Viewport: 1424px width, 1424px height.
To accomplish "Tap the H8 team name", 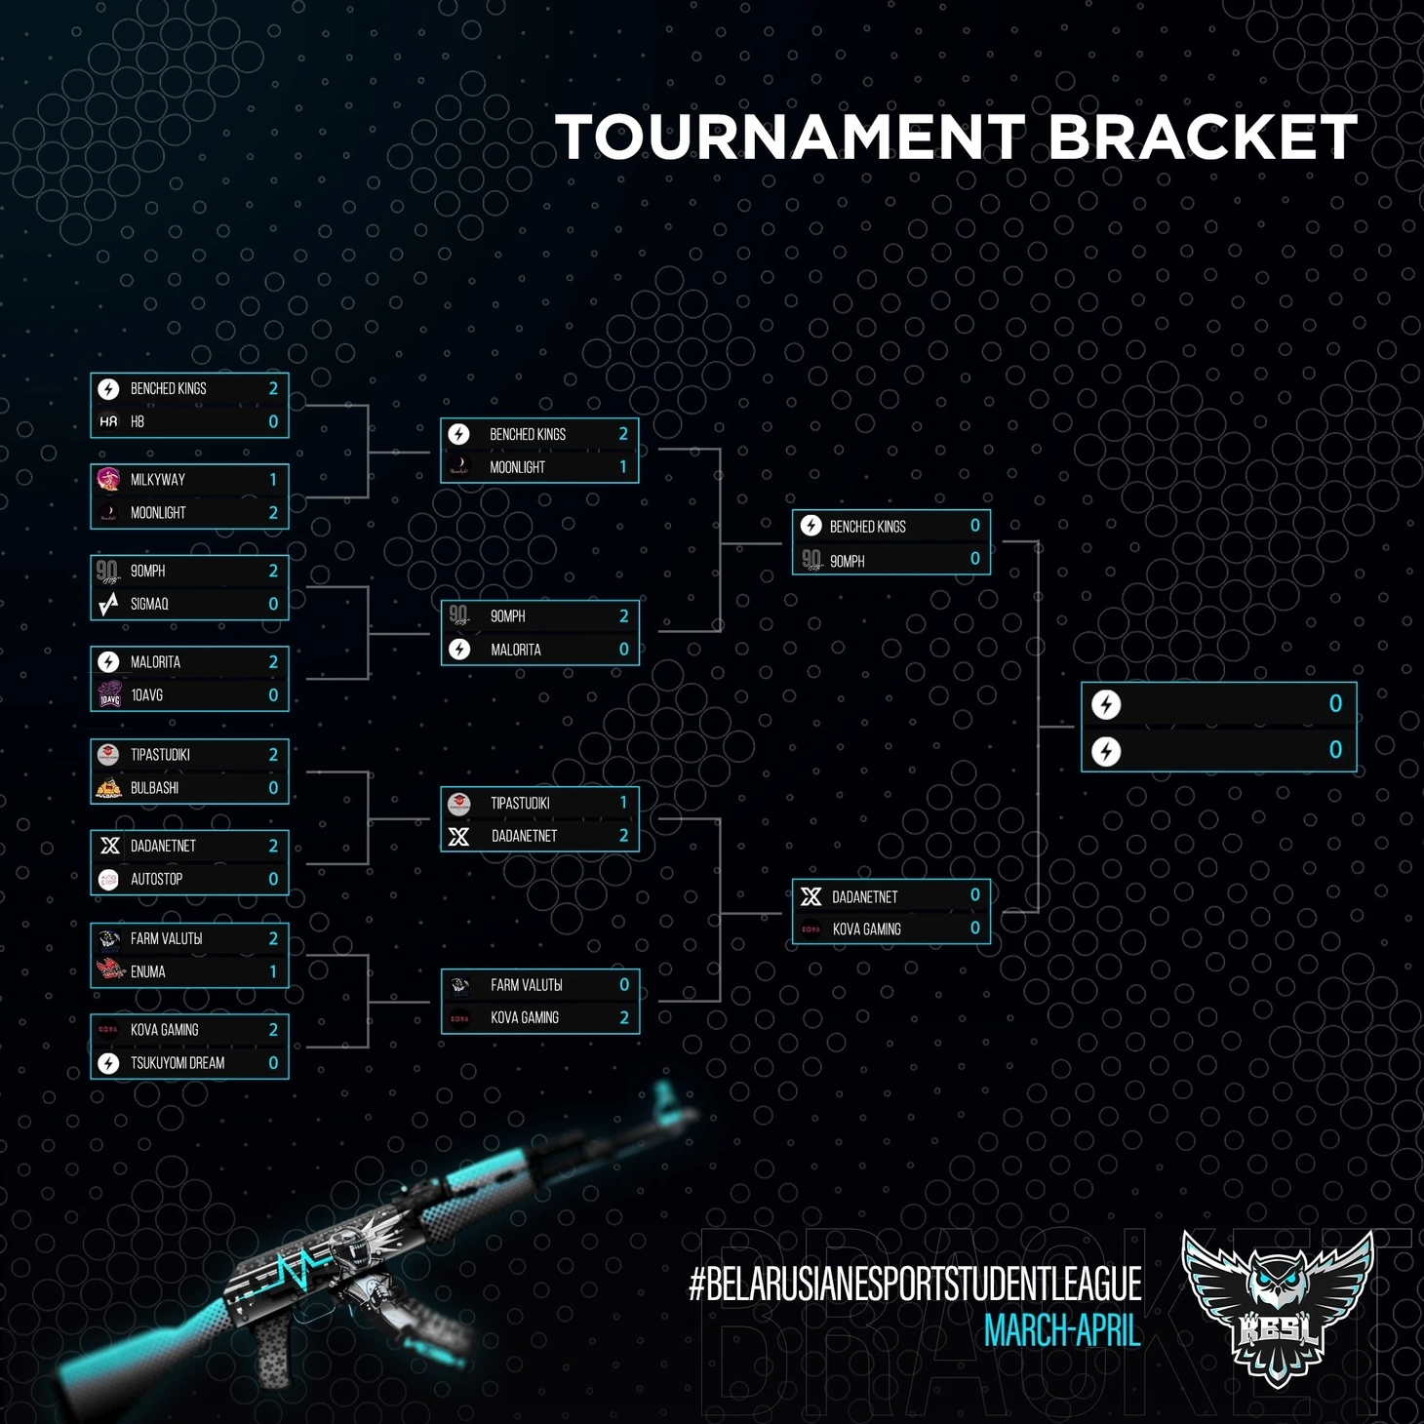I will (x=138, y=422).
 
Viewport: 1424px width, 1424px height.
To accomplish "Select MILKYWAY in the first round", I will (x=158, y=480).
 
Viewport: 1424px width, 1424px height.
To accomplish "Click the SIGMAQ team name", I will (x=149, y=605).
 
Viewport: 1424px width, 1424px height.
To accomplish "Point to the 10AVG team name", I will (x=147, y=695).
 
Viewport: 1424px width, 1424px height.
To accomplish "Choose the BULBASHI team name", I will (x=154, y=788).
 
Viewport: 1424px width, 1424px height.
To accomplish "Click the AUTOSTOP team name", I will (x=156, y=880).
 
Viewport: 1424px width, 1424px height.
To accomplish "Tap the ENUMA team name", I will (x=148, y=972).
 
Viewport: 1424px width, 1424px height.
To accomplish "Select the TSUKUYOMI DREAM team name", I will (x=178, y=1063).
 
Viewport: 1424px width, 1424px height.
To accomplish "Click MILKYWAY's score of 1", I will (x=273, y=480).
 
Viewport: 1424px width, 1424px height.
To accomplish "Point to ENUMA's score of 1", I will (x=273, y=972).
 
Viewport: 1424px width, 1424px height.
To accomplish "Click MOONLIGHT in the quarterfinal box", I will (x=517, y=468).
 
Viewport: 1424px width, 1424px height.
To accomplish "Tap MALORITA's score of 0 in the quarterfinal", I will (x=624, y=650).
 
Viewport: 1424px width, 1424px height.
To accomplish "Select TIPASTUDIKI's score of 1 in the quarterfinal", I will (x=624, y=803).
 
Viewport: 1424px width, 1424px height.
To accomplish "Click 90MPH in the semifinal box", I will (x=848, y=562).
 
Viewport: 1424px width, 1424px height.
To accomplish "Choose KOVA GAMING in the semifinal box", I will (x=866, y=930).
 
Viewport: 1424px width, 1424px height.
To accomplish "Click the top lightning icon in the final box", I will (x=1106, y=704).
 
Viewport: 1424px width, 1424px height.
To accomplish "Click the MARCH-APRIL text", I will (x=1062, y=1331).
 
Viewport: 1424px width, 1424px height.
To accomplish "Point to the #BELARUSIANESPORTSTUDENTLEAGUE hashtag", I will (x=915, y=1285).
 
